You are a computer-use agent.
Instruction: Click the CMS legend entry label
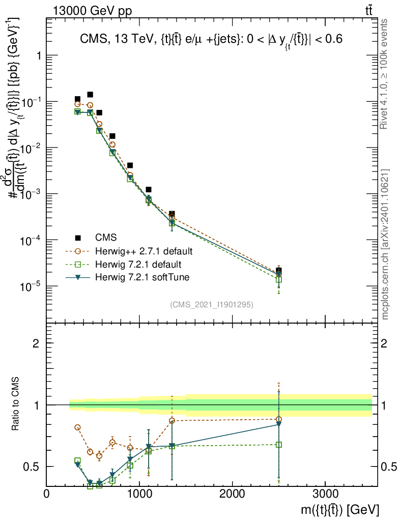(x=105, y=237)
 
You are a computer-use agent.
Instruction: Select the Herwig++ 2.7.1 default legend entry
(x=144, y=251)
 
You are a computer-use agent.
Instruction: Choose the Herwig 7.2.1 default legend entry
(x=139, y=265)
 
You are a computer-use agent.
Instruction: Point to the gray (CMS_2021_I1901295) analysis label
(x=212, y=304)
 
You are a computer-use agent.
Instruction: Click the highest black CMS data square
(x=90, y=94)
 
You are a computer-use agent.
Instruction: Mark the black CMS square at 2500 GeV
(x=279, y=270)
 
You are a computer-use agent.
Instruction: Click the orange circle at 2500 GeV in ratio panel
(x=279, y=419)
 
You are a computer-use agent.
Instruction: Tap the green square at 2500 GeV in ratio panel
(x=279, y=444)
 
